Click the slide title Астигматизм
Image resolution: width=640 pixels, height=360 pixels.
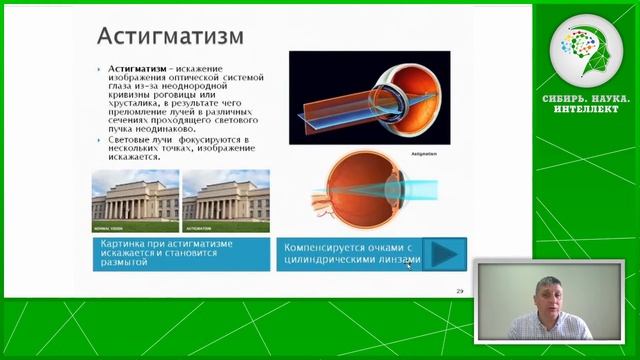169,37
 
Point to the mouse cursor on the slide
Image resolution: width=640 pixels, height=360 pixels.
408,265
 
